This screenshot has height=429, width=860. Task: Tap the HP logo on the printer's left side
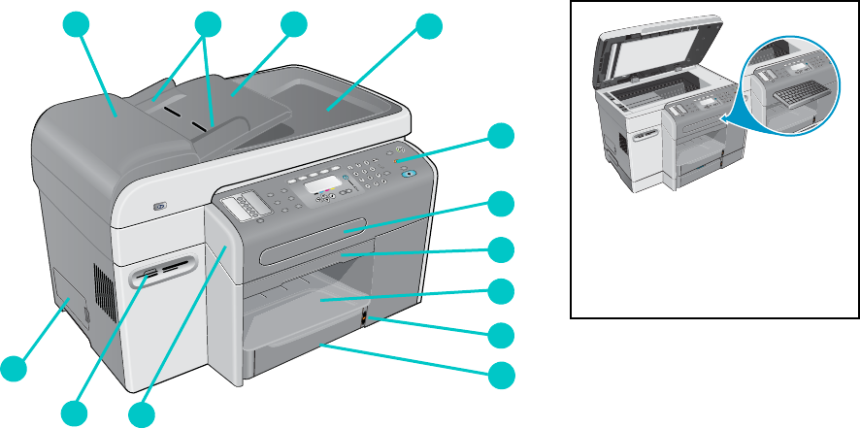point(158,205)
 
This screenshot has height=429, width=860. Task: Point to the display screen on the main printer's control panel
point(321,183)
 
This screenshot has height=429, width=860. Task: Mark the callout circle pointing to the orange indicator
point(501,335)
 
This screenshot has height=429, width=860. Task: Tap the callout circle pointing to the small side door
point(13,368)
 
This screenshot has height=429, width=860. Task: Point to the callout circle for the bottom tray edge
point(501,375)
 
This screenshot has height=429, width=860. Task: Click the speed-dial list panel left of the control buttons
point(244,206)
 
